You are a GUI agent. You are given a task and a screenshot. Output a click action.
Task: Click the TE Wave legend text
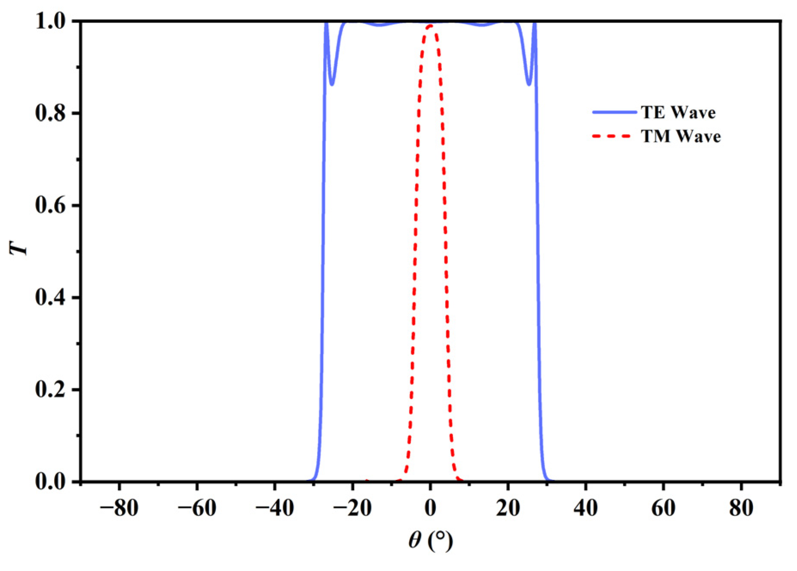(x=678, y=113)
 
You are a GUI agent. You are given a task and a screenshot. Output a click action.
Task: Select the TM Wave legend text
(x=681, y=136)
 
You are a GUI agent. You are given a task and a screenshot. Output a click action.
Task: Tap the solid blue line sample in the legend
(x=614, y=112)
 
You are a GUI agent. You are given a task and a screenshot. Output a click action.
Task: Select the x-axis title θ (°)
(x=431, y=540)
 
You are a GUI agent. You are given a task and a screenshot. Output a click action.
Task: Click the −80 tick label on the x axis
(x=119, y=509)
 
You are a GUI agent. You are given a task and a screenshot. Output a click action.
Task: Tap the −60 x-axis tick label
(x=197, y=509)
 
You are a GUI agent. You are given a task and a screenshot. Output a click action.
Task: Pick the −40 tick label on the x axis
(x=275, y=509)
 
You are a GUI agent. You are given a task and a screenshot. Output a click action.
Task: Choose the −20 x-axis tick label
(x=352, y=509)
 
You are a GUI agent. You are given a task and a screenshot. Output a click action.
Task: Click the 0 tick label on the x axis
(x=430, y=509)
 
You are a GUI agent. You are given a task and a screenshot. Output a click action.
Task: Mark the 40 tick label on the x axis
(x=586, y=509)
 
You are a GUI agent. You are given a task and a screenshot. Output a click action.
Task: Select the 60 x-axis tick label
(x=663, y=509)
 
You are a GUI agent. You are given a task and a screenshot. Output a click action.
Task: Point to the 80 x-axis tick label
(x=741, y=509)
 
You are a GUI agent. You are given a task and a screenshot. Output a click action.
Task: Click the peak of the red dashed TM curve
(x=430, y=25)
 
